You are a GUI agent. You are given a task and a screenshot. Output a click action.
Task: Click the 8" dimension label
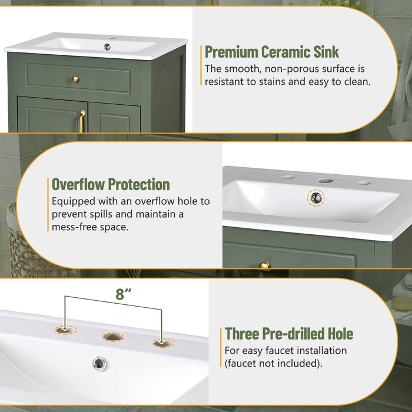click(x=121, y=295)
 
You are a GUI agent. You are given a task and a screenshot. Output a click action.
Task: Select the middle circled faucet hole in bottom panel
click(x=114, y=337)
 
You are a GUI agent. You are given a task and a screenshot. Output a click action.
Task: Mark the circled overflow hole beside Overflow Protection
click(x=316, y=197)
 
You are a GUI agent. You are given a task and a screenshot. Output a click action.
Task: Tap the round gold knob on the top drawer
click(x=75, y=79)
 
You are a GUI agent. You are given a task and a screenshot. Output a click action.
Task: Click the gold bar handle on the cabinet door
click(x=82, y=121)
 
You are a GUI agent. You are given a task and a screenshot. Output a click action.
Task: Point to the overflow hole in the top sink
click(x=107, y=46)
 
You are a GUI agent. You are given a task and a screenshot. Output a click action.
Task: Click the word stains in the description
click(x=287, y=82)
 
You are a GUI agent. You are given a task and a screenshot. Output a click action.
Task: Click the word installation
click(x=320, y=350)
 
